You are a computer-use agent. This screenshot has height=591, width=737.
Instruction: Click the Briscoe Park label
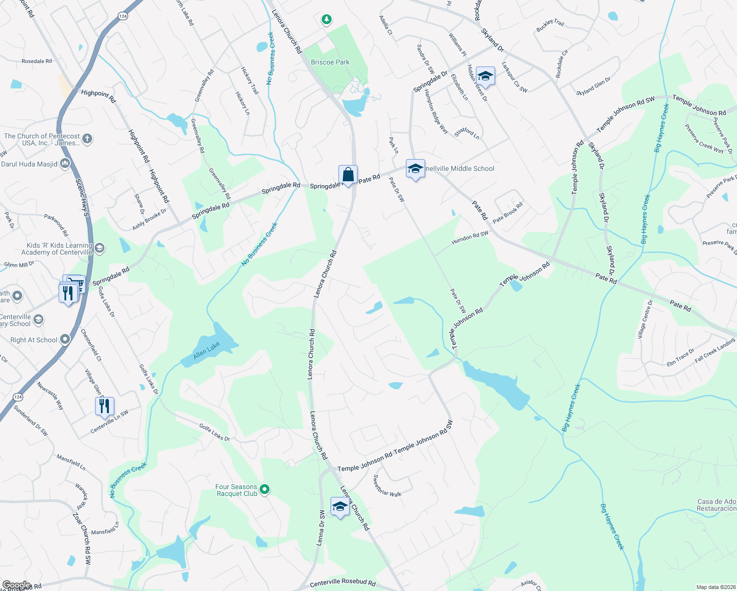(x=330, y=63)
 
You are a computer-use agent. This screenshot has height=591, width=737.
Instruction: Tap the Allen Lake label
(x=206, y=351)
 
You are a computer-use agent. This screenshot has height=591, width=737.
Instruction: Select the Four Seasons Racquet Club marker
(x=265, y=490)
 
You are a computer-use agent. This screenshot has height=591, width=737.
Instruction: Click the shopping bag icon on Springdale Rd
(x=348, y=175)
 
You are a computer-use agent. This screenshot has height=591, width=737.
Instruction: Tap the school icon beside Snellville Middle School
(x=415, y=169)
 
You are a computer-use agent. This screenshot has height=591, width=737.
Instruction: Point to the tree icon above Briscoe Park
(x=326, y=20)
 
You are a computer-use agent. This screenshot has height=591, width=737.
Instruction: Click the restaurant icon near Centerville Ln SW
(x=104, y=406)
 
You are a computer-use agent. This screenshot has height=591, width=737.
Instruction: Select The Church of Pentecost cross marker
(x=87, y=139)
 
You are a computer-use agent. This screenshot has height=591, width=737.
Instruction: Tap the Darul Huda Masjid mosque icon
(x=65, y=164)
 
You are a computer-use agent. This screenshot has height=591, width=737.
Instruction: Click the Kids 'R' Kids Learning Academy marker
(x=100, y=248)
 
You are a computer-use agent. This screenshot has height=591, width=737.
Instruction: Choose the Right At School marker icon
(x=65, y=339)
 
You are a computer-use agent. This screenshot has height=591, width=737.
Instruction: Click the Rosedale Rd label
(x=36, y=62)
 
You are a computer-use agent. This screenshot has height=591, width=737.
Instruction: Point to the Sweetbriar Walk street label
(x=387, y=486)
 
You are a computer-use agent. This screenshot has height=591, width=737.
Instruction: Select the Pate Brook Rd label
(x=508, y=213)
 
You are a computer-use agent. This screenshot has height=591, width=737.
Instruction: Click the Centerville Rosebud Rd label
(x=343, y=583)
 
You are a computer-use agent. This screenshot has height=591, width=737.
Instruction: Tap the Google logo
(x=16, y=585)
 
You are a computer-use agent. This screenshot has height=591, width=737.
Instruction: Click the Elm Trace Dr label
(x=680, y=358)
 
